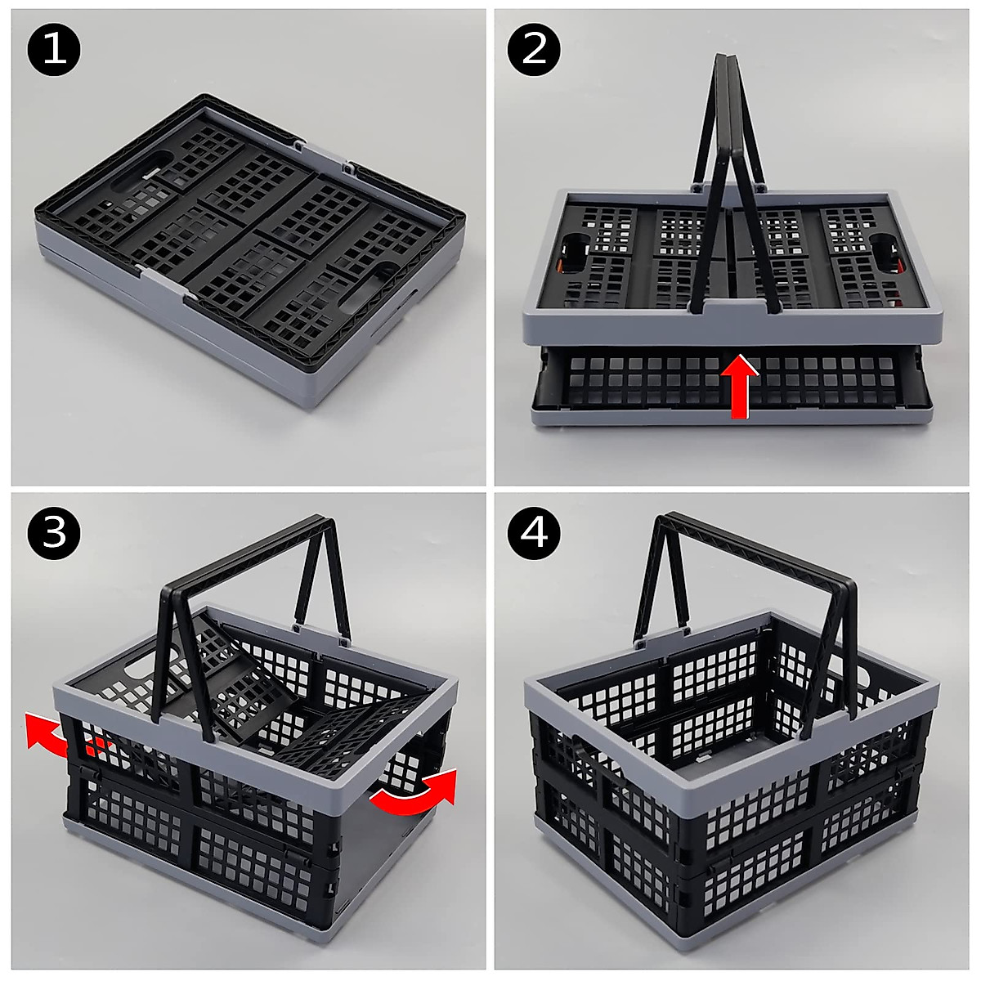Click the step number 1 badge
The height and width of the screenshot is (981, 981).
tap(54, 50)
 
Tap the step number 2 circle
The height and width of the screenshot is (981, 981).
tap(535, 50)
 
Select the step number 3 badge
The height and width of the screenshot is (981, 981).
tap(54, 533)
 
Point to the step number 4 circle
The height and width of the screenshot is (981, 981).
tap(535, 533)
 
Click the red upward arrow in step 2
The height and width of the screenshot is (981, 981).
tap(739, 386)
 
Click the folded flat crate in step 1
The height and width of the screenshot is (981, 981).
tap(249, 245)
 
